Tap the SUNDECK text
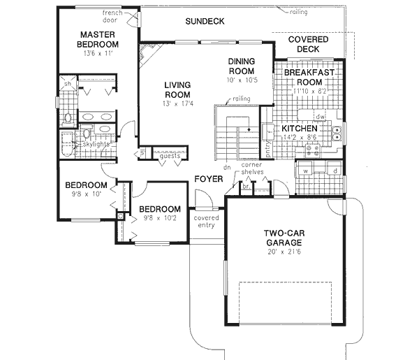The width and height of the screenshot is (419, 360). [205, 22]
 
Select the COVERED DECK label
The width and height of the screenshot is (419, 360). [307, 45]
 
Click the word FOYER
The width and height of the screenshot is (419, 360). [208, 179]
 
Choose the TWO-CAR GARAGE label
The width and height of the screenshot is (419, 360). [282, 238]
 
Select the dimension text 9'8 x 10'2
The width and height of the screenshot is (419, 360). [160, 218]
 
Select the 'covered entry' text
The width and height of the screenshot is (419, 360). [207, 221]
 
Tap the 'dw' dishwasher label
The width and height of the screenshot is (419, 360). [320, 117]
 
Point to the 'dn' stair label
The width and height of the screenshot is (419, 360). [227, 168]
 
